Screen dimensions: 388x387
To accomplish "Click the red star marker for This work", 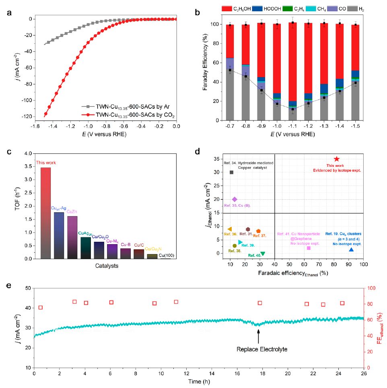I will coord(337,159).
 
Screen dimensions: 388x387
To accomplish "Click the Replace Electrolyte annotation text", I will coord(258,349).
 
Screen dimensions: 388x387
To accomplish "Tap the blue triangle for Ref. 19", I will coord(351,250).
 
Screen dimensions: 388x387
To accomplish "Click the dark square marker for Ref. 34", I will coord(231,172).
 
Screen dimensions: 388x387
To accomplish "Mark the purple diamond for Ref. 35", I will coord(235,199).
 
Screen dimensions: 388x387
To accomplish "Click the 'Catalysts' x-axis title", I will coord(106,266).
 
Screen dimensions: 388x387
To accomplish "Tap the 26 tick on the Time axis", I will coord(364,374).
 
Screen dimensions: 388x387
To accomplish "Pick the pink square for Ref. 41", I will coord(309,248).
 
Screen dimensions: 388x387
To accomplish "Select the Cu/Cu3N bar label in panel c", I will coord(153,249).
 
